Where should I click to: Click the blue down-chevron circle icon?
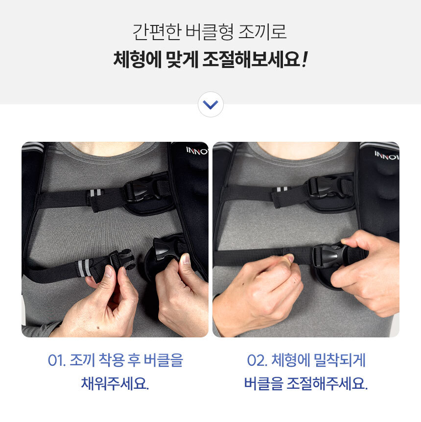coord(210,105)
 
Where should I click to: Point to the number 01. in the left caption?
coord(57,360)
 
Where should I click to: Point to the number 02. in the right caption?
coord(257,360)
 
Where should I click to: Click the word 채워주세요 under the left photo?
coord(115,383)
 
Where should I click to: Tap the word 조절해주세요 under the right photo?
coord(327,383)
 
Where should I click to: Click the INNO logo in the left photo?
coord(197,151)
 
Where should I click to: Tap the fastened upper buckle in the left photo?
coord(143,190)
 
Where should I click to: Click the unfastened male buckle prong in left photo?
coord(122,259)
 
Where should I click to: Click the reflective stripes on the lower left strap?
coord(84,268)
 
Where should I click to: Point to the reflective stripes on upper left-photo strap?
coord(95,193)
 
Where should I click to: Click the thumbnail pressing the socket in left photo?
coord(186,259)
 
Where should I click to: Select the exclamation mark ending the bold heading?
coord(304,59)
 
